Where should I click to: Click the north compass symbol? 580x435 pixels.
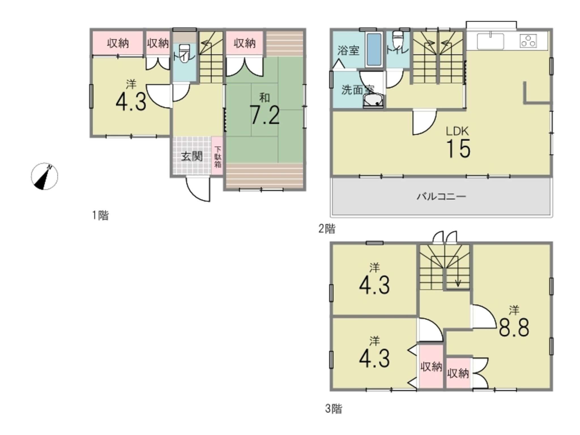44,176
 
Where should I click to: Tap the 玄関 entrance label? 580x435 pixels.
192,156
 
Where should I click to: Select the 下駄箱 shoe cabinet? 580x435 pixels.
217,156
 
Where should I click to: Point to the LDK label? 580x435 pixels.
457,131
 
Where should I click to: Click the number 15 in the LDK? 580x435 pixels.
458,149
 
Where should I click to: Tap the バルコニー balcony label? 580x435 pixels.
441,196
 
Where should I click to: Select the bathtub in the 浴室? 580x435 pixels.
374,50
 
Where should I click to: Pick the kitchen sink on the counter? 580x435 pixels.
490,42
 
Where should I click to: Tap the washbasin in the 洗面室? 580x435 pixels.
373,101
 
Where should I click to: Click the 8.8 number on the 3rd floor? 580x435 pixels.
514,328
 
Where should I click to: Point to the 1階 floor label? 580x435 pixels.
100,216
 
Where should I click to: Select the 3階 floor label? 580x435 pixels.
333,408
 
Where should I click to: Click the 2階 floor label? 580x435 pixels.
327,229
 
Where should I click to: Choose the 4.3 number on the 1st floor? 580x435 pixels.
131,102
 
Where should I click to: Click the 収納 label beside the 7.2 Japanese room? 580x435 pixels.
244,43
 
